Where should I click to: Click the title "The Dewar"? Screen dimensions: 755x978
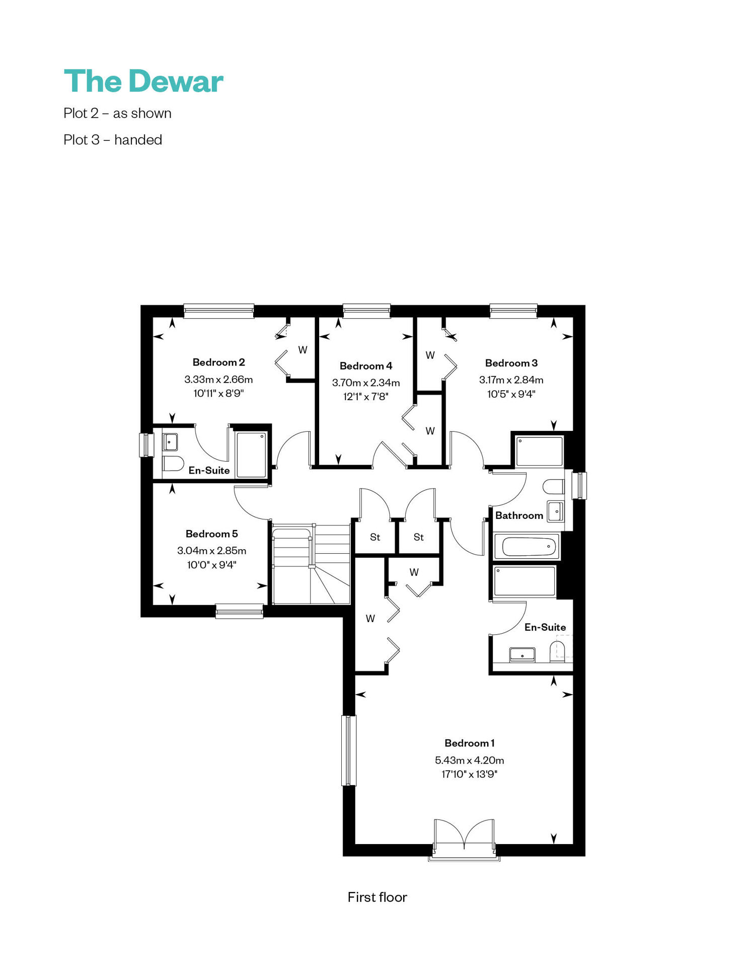tap(143, 81)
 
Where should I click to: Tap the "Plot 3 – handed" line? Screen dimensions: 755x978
tap(113, 139)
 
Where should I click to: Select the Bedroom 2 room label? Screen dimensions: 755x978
tap(218, 362)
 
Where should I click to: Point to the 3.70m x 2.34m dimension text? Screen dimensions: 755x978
tap(366, 383)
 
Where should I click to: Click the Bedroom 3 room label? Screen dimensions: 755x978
tap(511, 363)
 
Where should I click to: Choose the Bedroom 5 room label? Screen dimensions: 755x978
tap(211, 534)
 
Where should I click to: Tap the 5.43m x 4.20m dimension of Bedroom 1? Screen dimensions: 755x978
tap(470, 760)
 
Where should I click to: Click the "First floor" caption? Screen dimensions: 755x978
tap(377, 897)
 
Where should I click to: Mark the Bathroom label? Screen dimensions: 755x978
tap(519, 515)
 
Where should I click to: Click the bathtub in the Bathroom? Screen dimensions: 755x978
tap(527, 546)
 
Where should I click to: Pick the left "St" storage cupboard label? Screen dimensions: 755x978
tap(375, 537)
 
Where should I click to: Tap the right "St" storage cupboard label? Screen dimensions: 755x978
tap(419, 537)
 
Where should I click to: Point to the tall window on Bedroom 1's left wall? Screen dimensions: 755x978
tap(349, 750)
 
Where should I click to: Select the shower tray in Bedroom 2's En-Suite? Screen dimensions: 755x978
tap(251, 455)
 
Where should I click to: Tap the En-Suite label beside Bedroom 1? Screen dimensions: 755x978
tap(545, 627)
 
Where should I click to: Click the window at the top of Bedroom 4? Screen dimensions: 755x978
tap(366, 311)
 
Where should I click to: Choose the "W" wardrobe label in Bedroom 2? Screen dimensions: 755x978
tap(303, 350)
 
